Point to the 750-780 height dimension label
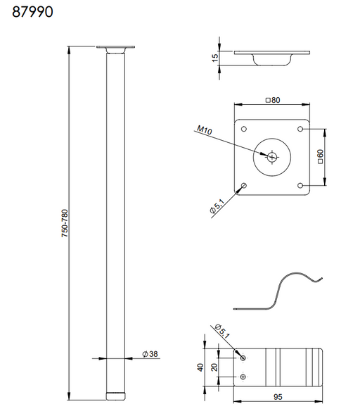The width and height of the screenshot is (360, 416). point(63,223)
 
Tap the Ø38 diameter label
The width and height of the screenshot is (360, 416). point(148,354)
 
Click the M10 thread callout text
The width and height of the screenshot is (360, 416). point(204,130)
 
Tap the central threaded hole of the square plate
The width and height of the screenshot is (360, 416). point(271,158)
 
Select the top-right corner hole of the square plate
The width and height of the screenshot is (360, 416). point(301,130)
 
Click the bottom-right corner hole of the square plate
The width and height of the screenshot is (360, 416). point(301,185)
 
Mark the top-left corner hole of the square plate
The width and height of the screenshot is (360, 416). point(244,130)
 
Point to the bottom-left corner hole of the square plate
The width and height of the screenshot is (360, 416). point(244,185)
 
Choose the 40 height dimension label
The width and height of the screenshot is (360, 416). point(200,367)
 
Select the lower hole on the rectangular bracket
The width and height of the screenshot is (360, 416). point(243,377)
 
